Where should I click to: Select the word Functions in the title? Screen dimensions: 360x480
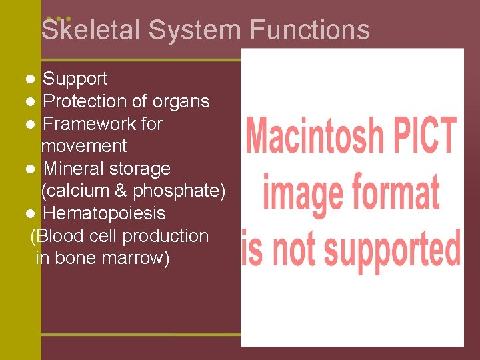pyautogui.click(x=310, y=30)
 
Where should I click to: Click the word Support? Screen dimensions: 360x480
pyautogui.click(x=75, y=79)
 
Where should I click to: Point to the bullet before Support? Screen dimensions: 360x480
pyautogui.click(x=31, y=79)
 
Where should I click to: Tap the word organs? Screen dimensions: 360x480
pyautogui.click(x=181, y=101)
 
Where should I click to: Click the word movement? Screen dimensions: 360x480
pyautogui.click(x=84, y=146)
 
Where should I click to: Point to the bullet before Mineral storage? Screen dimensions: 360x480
pyautogui.click(x=31, y=169)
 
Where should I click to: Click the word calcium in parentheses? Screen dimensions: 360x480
pyautogui.click(x=77, y=191)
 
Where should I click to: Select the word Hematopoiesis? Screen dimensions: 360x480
pyautogui.click(x=104, y=213)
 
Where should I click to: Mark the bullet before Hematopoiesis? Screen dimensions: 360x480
pyautogui.click(x=31, y=213)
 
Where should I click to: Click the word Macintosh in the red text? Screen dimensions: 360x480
pyautogui.click(x=315, y=135)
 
